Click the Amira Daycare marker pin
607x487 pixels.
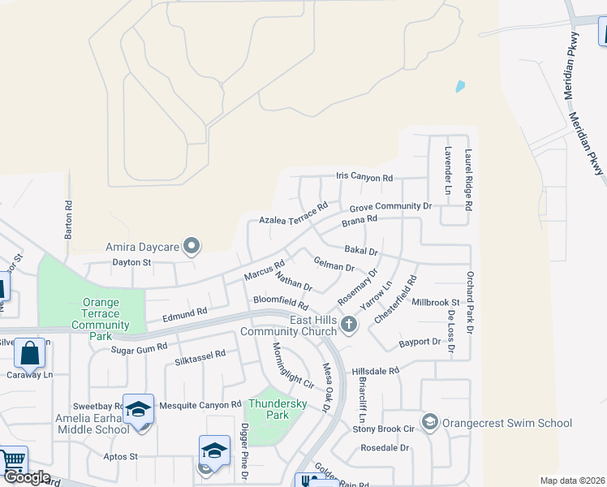point(192,245)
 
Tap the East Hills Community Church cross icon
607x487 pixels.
point(349,325)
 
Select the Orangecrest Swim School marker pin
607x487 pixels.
point(429,422)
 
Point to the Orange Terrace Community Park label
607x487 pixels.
point(101,319)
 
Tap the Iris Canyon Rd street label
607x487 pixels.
point(364,178)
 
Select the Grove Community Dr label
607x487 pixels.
point(390,207)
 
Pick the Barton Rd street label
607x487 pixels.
point(69,220)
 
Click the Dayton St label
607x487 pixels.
point(131,262)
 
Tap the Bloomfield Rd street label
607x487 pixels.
point(281,300)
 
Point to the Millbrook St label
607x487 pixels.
point(436,302)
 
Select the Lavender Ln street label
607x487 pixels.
point(448,170)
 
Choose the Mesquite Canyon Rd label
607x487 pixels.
point(200,404)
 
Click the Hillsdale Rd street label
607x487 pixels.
point(376,371)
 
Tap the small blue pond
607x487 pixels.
point(461,85)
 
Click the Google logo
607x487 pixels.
point(27,477)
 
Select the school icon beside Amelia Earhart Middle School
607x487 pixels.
point(139,410)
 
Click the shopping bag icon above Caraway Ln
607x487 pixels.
point(29,354)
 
